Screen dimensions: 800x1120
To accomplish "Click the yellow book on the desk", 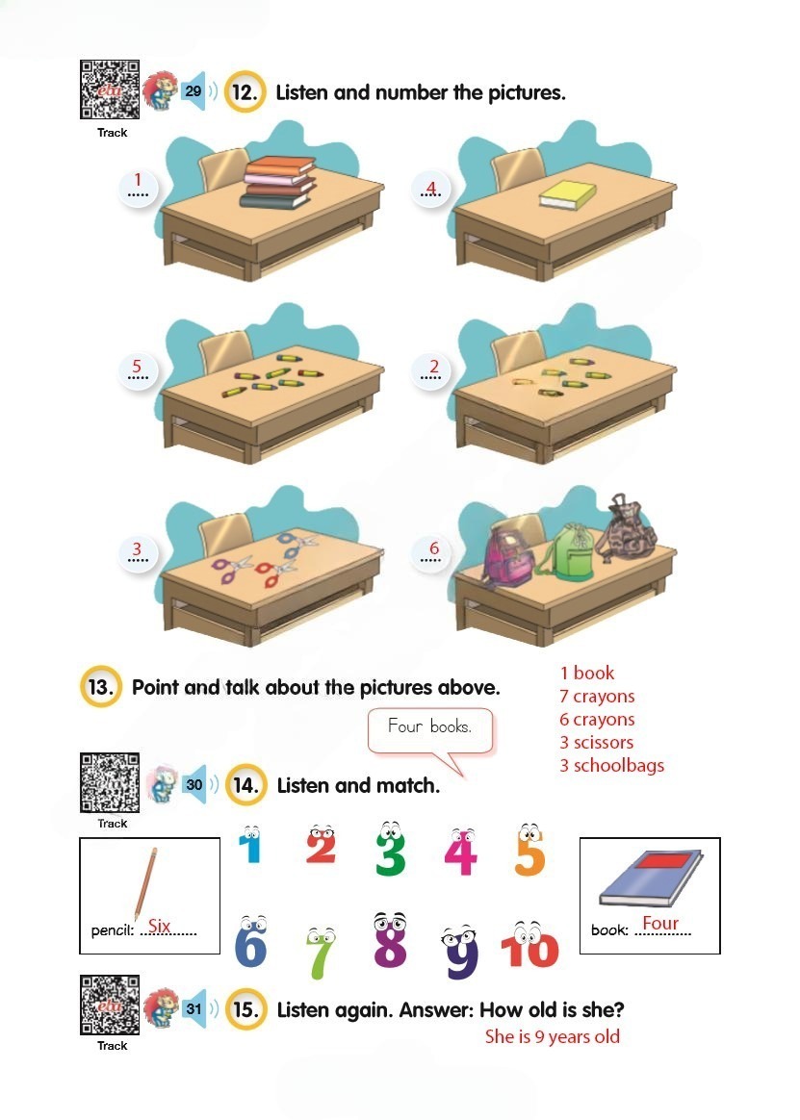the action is (x=568, y=194).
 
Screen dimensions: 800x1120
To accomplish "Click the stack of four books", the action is (x=278, y=182).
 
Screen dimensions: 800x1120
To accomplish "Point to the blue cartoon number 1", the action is (x=249, y=844).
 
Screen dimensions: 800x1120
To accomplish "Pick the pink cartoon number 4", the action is (x=460, y=852).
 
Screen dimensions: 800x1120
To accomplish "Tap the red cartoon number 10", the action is (x=529, y=944).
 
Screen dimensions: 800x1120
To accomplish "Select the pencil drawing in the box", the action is (x=145, y=884).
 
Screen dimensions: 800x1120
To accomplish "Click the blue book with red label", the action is (x=651, y=878).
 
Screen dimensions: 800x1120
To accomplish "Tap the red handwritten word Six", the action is (x=159, y=926).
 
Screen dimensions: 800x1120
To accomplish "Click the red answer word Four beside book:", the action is (x=659, y=923).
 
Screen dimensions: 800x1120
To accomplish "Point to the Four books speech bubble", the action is (x=430, y=731).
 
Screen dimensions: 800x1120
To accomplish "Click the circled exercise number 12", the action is (x=245, y=92).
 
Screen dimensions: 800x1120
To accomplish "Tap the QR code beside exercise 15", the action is (x=110, y=1005).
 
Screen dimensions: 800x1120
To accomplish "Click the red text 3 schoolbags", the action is (x=612, y=765).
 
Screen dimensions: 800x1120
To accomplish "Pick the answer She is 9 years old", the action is (x=552, y=1037).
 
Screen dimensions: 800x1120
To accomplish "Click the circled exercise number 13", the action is (x=101, y=687).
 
